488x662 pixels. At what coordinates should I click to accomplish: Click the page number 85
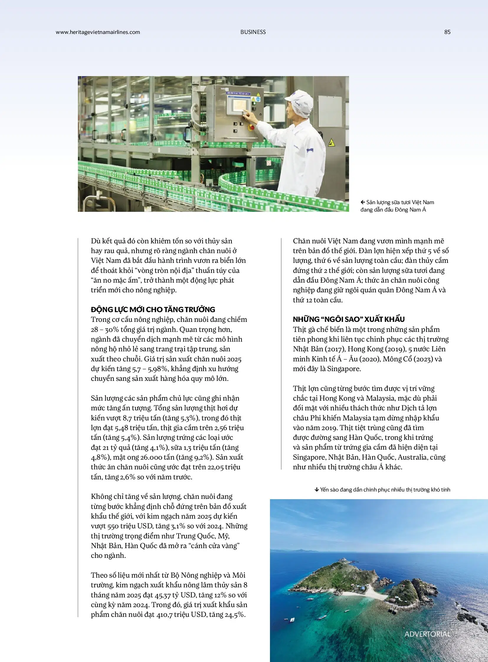[x=447, y=32]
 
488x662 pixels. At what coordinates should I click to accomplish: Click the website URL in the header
[x=98, y=32]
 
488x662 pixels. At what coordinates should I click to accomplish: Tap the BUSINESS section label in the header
[x=253, y=32]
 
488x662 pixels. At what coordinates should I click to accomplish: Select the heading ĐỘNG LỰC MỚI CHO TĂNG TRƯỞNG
[x=153, y=309]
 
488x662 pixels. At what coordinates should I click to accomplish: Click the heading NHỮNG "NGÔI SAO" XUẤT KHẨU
[x=348, y=319]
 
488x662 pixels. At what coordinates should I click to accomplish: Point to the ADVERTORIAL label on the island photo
[x=427, y=634]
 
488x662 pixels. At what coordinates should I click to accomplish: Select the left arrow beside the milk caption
[x=363, y=202]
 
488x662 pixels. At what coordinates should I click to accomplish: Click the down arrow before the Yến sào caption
[x=317, y=490]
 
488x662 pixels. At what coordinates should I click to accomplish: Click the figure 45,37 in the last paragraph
[x=163, y=595]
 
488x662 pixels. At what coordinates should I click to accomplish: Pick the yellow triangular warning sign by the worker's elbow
[x=331, y=143]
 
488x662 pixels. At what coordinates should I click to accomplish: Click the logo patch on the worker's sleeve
[x=310, y=150]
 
